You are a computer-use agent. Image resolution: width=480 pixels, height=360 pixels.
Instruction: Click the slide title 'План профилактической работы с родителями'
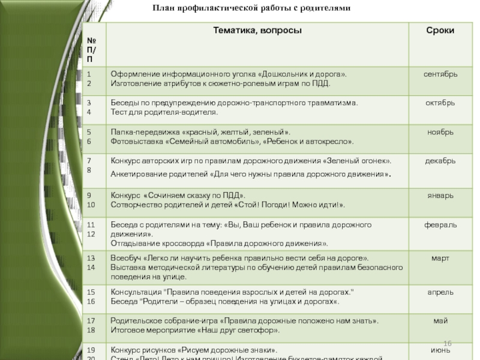250,8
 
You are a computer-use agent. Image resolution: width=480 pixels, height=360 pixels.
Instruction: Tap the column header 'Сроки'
440,30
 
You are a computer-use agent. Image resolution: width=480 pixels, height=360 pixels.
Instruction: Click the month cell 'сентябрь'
440,74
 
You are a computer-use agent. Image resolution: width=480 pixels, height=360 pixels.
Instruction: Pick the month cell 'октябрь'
440,103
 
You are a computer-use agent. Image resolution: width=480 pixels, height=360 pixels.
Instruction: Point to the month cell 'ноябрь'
440,132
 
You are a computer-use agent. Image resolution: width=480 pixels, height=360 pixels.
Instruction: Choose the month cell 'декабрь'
440,161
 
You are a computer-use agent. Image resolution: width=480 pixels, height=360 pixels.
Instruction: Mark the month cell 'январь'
440,196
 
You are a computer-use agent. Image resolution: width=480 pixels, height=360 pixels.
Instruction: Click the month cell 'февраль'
440,225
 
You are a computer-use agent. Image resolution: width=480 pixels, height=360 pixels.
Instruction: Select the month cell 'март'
440,259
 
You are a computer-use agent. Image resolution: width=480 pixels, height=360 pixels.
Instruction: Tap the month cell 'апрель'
440,292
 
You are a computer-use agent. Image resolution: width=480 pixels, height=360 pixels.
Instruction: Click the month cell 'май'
440,321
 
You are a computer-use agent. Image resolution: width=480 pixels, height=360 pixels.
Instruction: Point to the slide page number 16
447,343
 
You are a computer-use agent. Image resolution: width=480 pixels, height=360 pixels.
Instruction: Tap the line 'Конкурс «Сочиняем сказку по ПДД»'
178,196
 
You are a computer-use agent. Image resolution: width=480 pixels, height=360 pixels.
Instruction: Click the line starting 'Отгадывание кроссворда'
220,244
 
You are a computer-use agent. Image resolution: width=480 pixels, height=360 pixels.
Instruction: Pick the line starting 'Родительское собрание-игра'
244,321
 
